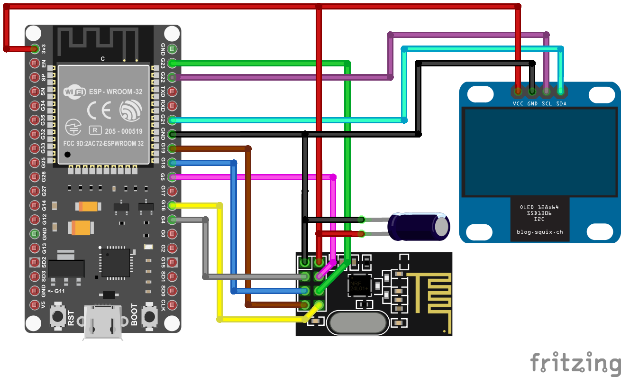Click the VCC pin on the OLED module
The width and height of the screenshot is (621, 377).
(x=518, y=90)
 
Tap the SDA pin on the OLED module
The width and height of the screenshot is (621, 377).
(x=561, y=90)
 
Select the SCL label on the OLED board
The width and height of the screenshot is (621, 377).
(x=547, y=103)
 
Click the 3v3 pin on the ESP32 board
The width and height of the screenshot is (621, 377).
(x=35, y=48)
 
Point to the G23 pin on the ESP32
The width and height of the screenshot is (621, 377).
(x=172, y=63)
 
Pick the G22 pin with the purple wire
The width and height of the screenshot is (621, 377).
(x=172, y=77)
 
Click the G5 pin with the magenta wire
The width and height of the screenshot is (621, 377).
(x=172, y=177)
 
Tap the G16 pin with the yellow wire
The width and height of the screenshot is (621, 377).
(x=172, y=205)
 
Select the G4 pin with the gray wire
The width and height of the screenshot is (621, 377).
(x=172, y=220)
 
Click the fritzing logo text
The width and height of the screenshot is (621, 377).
(x=575, y=363)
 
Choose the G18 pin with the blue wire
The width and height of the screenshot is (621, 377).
(x=172, y=163)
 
